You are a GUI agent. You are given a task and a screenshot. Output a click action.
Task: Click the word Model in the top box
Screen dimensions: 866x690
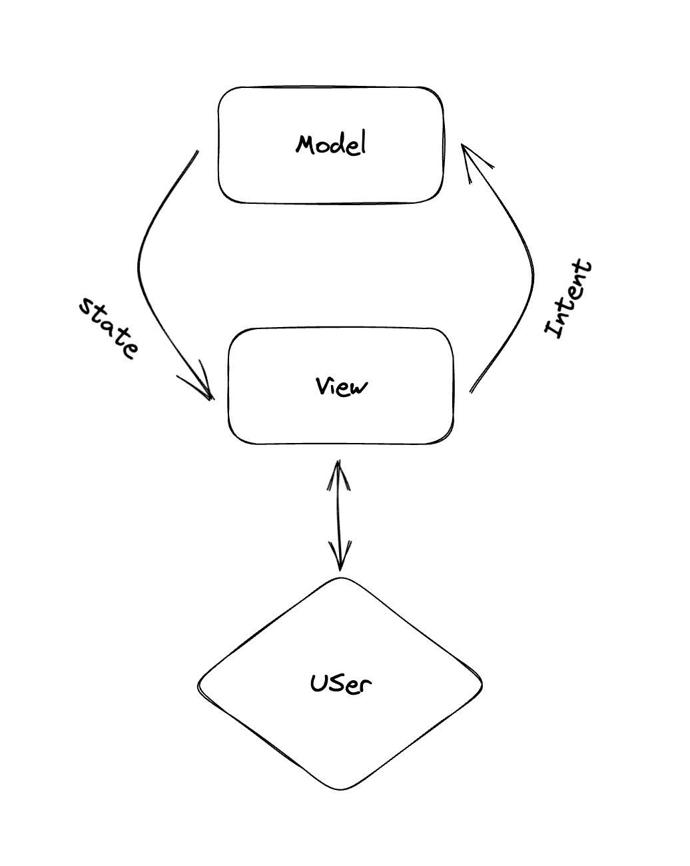coord(331,144)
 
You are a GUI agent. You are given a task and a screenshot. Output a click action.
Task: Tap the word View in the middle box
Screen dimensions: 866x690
coord(340,386)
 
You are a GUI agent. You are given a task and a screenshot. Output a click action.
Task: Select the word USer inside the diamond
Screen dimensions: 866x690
coord(340,683)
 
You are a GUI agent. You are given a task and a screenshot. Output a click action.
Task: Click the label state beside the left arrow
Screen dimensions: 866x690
coord(109,328)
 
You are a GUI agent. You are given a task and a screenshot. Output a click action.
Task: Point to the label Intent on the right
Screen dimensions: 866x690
coord(567,299)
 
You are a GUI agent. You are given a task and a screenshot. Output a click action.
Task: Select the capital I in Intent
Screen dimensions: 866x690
coord(553,328)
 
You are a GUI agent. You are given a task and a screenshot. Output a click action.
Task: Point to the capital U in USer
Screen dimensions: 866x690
coord(320,683)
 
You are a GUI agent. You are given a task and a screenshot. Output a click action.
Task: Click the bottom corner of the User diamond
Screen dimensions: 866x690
coord(340,789)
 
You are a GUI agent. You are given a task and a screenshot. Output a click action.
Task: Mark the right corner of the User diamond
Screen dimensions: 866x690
coord(481,684)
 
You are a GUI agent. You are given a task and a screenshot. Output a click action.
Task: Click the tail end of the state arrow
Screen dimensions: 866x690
coord(197,152)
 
